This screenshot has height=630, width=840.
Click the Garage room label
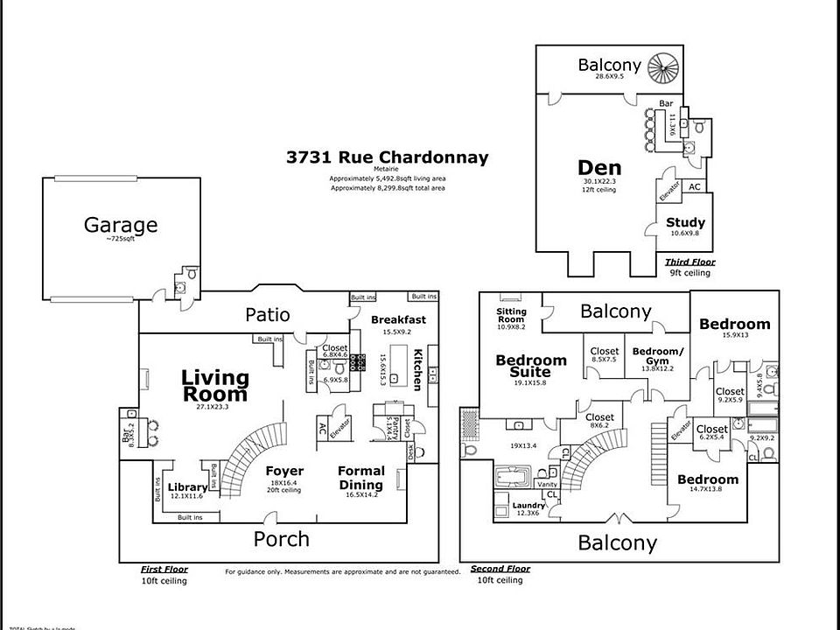(x=121, y=225)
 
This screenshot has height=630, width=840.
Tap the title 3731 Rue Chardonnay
(x=387, y=158)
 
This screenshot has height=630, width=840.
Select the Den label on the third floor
(x=600, y=168)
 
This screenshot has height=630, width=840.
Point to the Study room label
(x=685, y=222)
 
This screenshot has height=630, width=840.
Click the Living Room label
(x=215, y=386)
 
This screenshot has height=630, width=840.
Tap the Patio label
(x=267, y=314)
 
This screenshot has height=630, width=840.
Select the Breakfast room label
(x=398, y=319)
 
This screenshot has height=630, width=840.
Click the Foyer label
(x=284, y=472)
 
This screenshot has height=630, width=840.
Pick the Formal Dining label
(x=361, y=478)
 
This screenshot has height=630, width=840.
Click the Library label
(x=188, y=486)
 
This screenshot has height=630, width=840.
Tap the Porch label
(x=281, y=538)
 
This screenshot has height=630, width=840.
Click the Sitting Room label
(x=511, y=315)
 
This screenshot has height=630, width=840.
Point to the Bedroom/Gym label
(x=657, y=356)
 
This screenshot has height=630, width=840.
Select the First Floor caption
(x=164, y=569)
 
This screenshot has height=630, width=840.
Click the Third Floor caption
(x=689, y=262)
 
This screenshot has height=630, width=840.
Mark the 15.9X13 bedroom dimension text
(x=734, y=335)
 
